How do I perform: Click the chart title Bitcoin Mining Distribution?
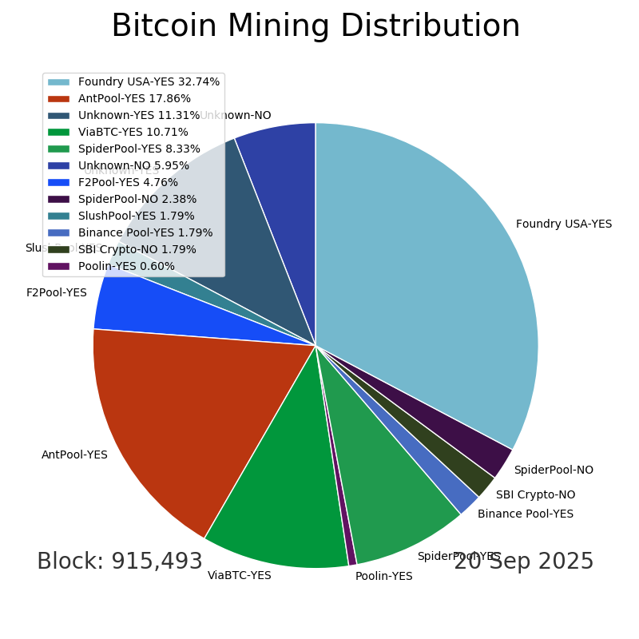(316, 26)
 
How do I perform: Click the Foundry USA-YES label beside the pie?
(564, 224)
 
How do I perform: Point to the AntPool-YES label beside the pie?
(74, 454)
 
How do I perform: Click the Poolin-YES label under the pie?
(383, 576)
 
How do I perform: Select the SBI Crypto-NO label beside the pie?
(535, 494)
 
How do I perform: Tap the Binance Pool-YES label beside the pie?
(526, 514)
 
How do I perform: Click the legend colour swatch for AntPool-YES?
(58, 98)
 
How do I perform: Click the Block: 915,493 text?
(120, 562)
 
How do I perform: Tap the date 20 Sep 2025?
(523, 562)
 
